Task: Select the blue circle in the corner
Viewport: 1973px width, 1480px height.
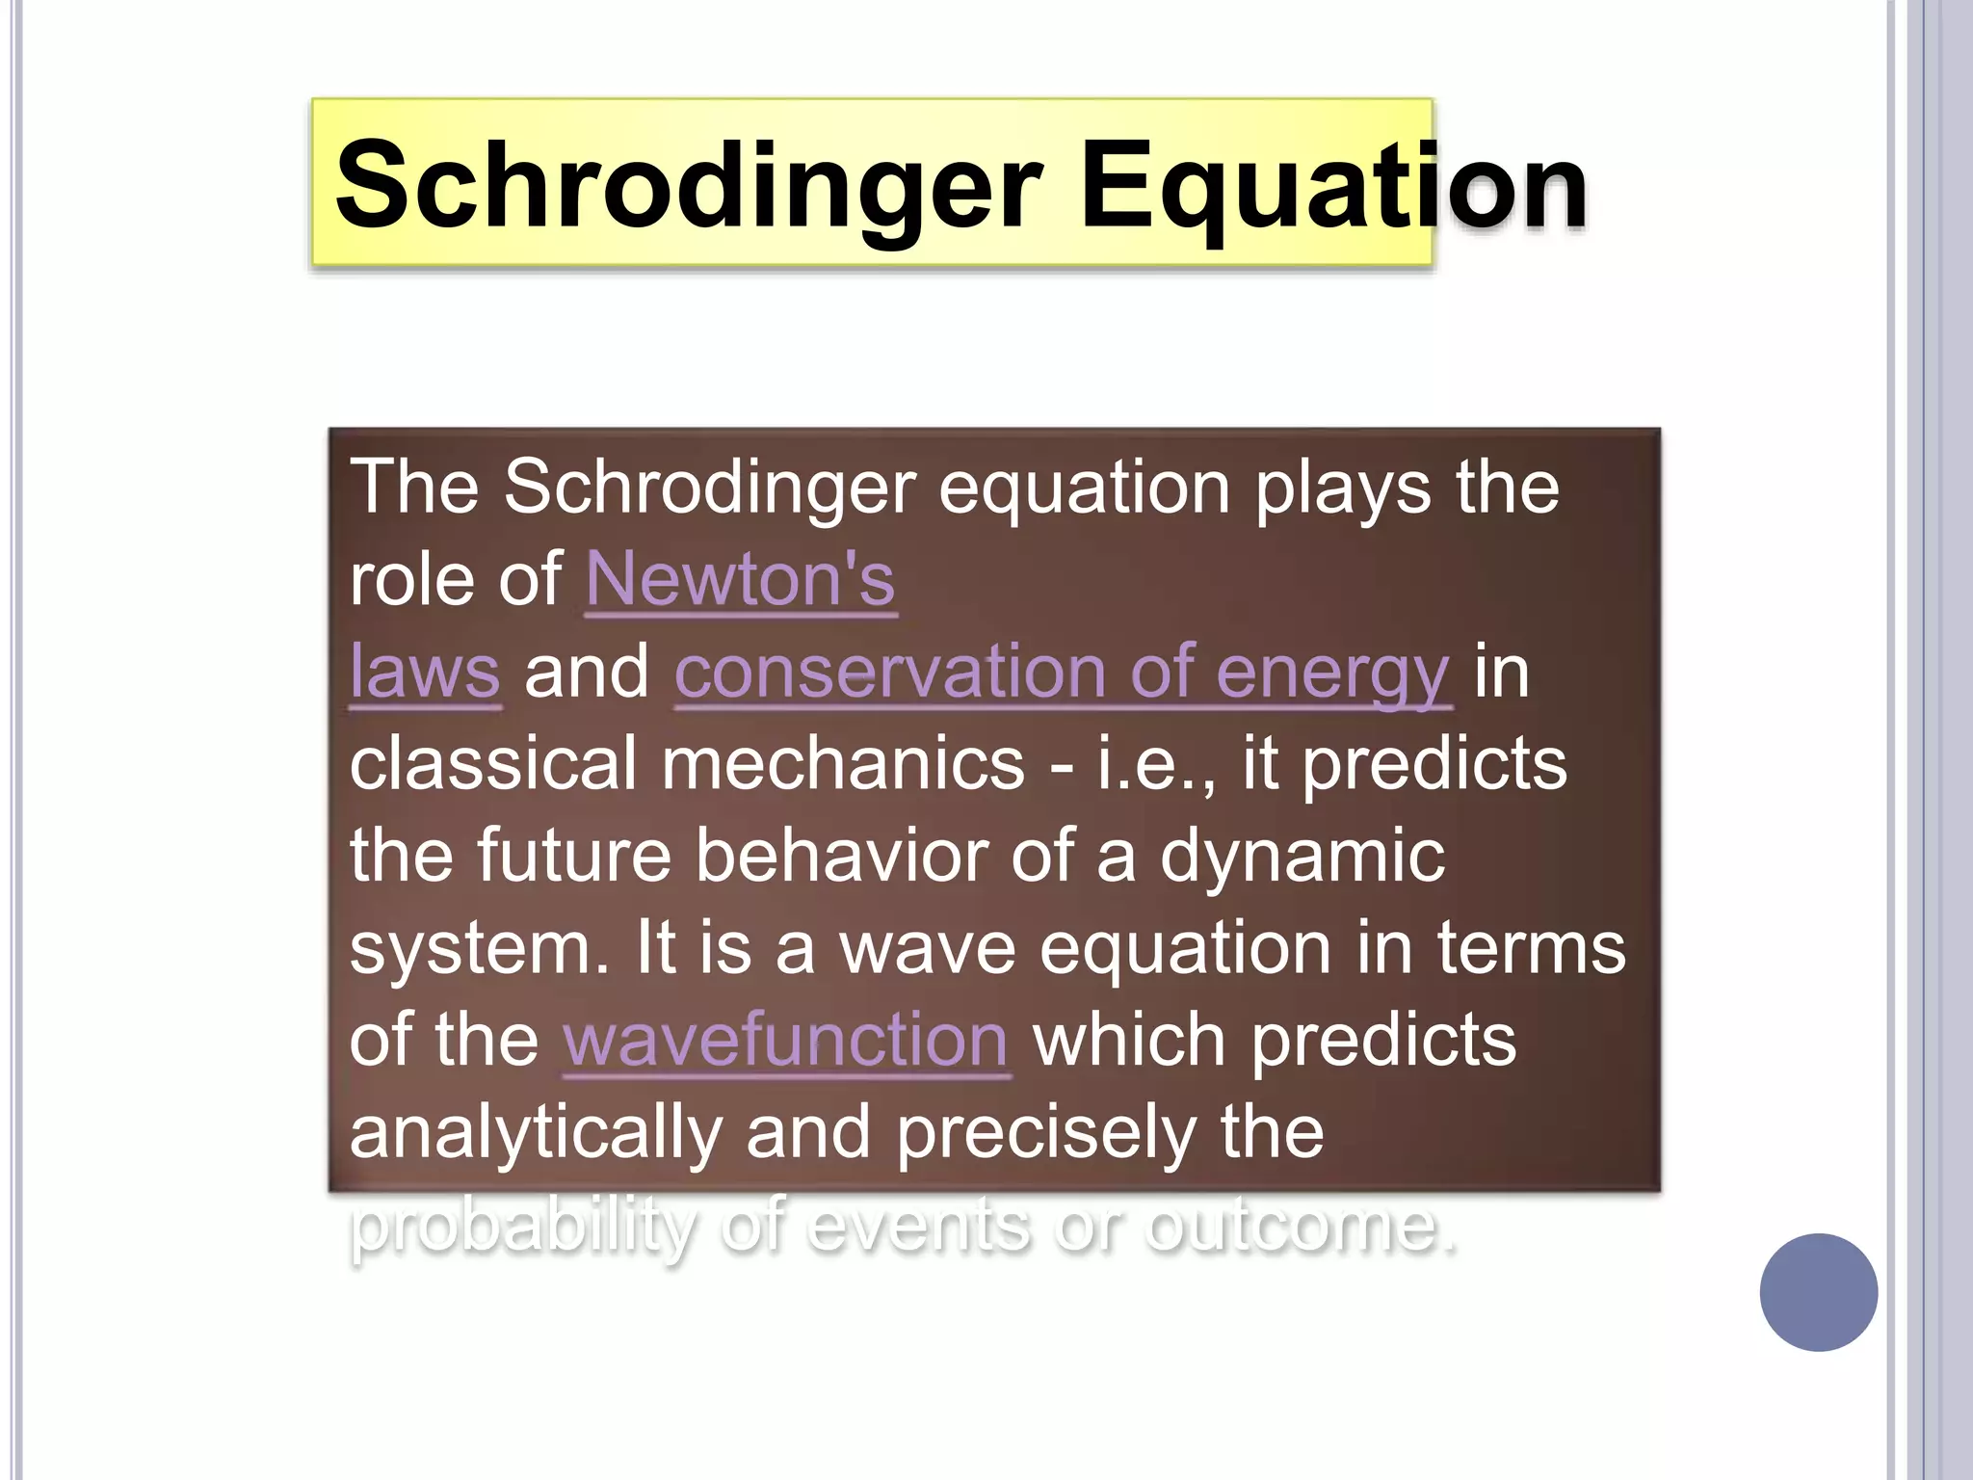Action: click(1818, 1292)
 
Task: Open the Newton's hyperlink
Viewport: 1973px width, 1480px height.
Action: click(741, 579)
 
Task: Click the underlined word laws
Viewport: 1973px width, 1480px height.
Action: click(425, 672)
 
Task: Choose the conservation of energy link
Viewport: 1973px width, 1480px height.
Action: click(1062, 672)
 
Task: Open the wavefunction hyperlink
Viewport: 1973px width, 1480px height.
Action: click(786, 1041)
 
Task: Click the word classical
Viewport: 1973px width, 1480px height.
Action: click(493, 763)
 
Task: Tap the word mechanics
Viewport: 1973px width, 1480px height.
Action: click(843, 763)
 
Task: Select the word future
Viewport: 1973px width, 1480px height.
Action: click(574, 856)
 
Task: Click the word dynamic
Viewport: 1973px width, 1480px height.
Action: click(1302, 856)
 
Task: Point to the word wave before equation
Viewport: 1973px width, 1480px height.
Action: click(927, 948)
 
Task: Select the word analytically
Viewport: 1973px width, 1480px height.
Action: click(536, 1133)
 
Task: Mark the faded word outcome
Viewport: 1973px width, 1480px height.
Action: click(1301, 1228)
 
